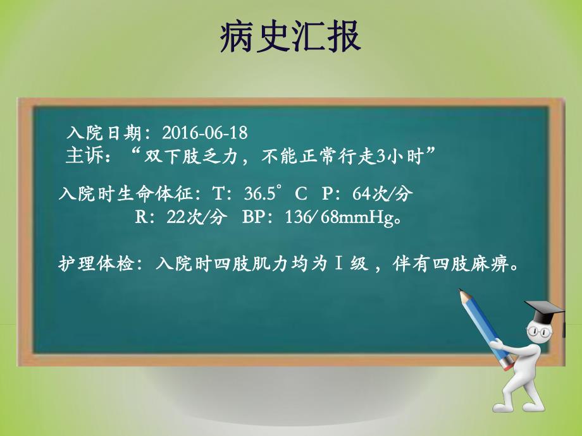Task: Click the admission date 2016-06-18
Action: tap(204, 133)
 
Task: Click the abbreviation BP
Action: tap(254, 218)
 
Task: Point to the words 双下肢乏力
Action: tap(183, 155)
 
